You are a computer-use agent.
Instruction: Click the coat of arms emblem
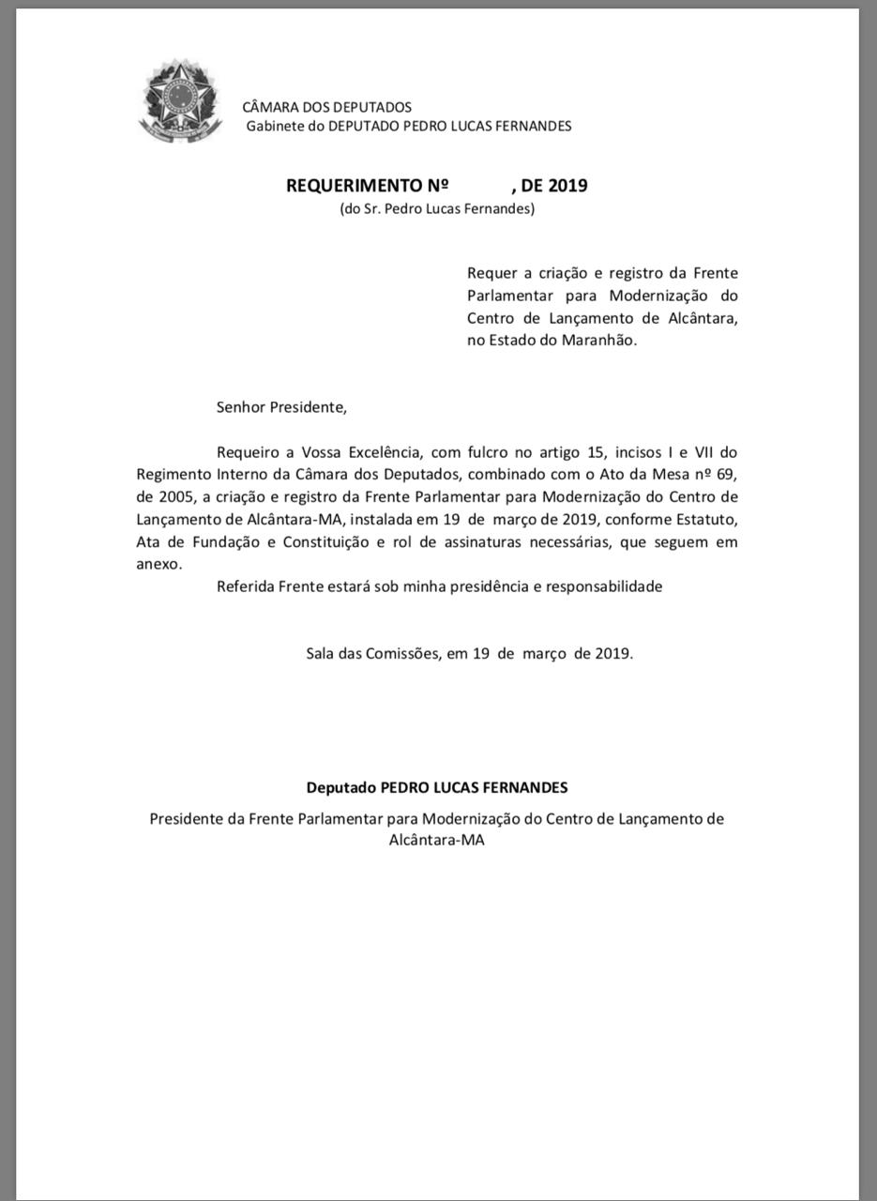(x=179, y=105)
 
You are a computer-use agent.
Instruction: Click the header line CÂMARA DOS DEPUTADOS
(x=326, y=107)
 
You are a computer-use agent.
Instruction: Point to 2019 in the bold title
(x=568, y=186)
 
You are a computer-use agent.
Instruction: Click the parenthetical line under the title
(x=437, y=208)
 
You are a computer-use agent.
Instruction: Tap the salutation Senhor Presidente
(x=281, y=407)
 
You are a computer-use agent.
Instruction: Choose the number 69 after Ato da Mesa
(x=727, y=475)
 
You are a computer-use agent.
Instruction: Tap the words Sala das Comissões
(x=372, y=653)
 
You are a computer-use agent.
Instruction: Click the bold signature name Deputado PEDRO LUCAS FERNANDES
(x=437, y=788)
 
